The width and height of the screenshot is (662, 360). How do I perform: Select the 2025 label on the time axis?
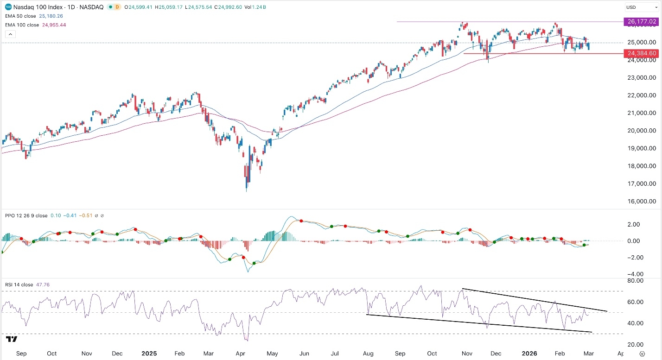click(149, 353)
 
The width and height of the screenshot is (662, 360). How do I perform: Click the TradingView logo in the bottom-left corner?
click(12, 340)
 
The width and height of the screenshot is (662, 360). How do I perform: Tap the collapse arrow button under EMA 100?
click(10, 34)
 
